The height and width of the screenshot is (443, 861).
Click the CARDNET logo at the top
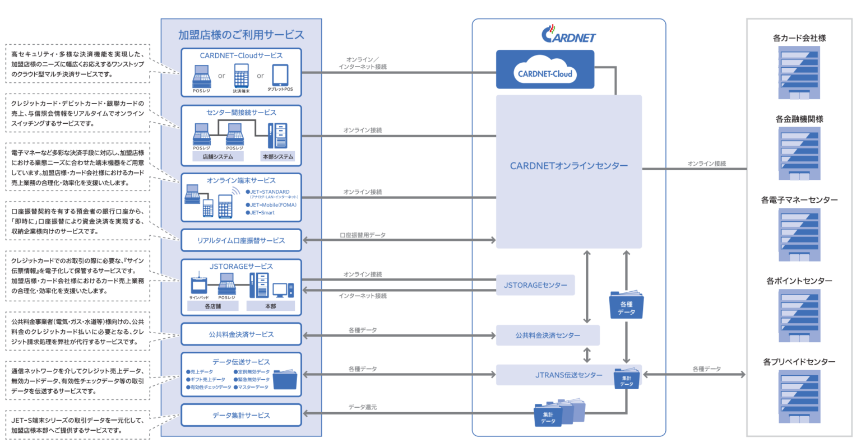(568, 35)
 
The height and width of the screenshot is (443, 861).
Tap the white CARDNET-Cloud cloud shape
(545, 72)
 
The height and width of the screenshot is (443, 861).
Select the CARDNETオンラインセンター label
(568, 166)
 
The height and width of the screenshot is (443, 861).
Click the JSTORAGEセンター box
(535, 285)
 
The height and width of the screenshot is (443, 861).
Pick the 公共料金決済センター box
(548, 335)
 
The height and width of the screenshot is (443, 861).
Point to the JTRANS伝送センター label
(568, 375)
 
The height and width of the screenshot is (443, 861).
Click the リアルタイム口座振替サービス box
(241, 240)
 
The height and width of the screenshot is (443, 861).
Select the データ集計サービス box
(241, 416)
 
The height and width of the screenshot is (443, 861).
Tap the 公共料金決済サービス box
(241, 334)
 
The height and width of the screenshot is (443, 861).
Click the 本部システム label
(278, 157)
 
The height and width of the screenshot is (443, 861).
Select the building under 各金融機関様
(799, 153)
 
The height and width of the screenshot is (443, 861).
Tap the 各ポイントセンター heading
(799, 281)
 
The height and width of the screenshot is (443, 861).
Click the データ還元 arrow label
(362, 407)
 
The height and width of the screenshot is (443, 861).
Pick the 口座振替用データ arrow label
(362, 235)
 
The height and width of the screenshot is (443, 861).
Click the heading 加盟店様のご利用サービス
(241, 35)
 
